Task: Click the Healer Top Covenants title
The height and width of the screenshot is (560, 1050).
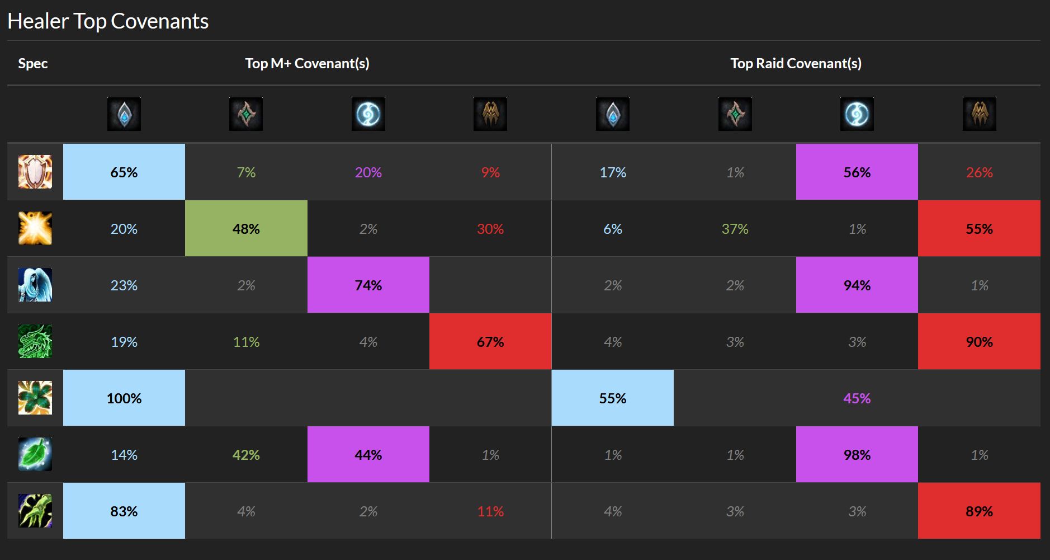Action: pos(108,21)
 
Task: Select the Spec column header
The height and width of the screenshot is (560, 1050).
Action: pos(32,63)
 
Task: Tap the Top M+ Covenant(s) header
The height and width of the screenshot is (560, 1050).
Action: pos(307,63)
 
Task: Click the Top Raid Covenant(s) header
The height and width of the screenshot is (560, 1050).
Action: pos(796,63)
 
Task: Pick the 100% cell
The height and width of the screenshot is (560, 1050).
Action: pos(124,398)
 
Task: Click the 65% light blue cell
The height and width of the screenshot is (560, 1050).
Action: pos(124,172)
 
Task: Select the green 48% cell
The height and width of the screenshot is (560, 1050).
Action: pos(246,228)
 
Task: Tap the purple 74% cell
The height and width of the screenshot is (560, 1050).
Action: pos(368,285)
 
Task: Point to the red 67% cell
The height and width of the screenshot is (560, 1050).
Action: pos(490,341)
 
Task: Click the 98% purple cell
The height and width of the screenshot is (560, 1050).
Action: pos(857,454)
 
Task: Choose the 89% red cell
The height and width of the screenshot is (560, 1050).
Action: pos(979,511)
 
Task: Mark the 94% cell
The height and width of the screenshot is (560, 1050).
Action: pos(857,285)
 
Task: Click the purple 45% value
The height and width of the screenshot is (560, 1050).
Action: pos(857,398)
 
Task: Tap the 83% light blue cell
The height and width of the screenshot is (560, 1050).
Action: pos(124,511)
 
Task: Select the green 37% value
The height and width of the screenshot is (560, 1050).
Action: pos(735,228)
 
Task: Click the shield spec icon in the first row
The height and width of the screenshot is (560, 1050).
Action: pos(35,172)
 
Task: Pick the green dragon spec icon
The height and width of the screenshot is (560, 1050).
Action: pos(35,341)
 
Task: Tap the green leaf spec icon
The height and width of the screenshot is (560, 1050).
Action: pos(35,454)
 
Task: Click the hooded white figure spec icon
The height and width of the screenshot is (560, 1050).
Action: pos(35,285)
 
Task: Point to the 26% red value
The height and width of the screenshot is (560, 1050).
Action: pos(979,172)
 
